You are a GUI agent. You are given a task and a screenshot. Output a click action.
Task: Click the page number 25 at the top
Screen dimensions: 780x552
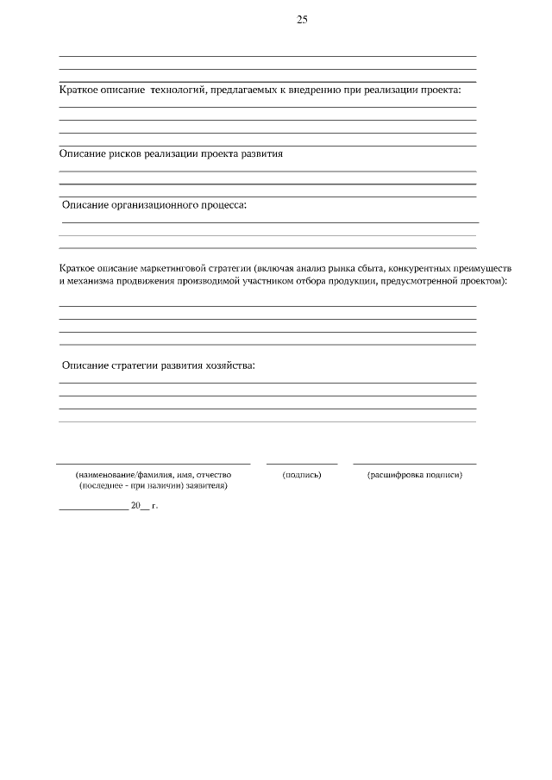click(x=302, y=19)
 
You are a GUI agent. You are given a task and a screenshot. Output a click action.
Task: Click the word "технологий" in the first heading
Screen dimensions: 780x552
click(x=179, y=90)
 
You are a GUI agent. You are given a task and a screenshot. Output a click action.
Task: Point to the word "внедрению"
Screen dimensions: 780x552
click(x=318, y=90)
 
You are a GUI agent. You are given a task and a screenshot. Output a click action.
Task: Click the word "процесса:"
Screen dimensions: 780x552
click(x=224, y=205)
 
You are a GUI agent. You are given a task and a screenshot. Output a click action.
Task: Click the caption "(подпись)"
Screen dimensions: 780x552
click(x=302, y=475)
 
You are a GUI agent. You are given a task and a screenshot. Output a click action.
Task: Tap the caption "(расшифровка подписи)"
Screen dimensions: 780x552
click(x=415, y=475)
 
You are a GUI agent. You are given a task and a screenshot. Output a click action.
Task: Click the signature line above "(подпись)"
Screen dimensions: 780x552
click(x=302, y=464)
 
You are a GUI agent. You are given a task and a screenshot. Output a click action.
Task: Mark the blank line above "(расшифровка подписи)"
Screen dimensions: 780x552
click(x=415, y=464)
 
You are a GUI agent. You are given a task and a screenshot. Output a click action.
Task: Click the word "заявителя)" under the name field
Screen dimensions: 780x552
click(x=207, y=486)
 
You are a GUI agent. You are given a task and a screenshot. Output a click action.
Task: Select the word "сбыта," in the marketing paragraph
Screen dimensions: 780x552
click(x=354, y=269)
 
